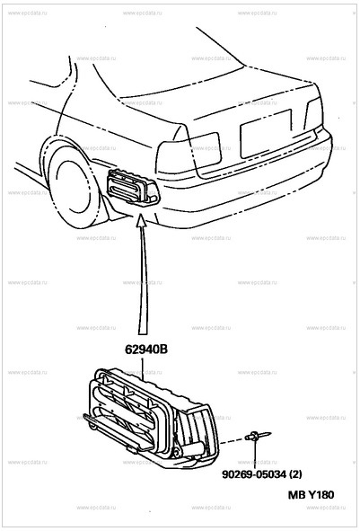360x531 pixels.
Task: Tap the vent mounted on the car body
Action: tap(129, 188)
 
